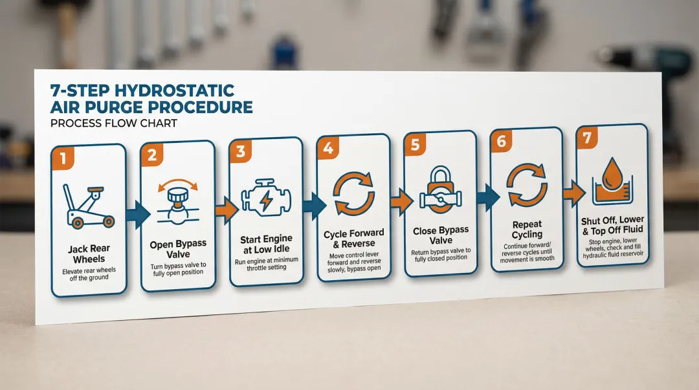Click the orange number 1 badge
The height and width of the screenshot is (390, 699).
tap(63, 157)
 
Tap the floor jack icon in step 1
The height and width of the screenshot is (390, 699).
tap(87, 205)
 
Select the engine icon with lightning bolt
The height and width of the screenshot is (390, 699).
tap(266, 199)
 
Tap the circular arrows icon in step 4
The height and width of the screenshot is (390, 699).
tap(353, 193)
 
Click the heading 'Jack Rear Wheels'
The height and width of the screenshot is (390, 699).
tap(89, 254)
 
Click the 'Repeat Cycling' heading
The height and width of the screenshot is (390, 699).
tap(526, 230)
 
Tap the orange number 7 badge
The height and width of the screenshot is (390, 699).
tap(587, 138)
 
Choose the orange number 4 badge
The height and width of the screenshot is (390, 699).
tap(328, 149)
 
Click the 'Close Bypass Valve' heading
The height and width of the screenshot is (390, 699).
tap(441, 235)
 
